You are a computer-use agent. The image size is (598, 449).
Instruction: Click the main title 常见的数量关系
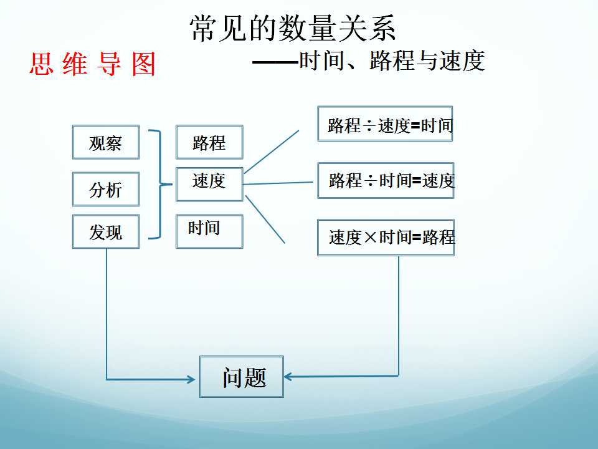(293, 28)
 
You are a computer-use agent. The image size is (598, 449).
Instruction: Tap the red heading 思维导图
(93, 64)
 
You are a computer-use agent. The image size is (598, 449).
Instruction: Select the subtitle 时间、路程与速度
(392, 60)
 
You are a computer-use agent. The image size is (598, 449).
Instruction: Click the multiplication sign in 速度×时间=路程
(370, 238)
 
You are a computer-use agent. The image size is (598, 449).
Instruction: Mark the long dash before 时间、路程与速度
(275, 61)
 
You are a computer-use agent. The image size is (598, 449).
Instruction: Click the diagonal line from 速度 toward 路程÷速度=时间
(272, 152)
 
